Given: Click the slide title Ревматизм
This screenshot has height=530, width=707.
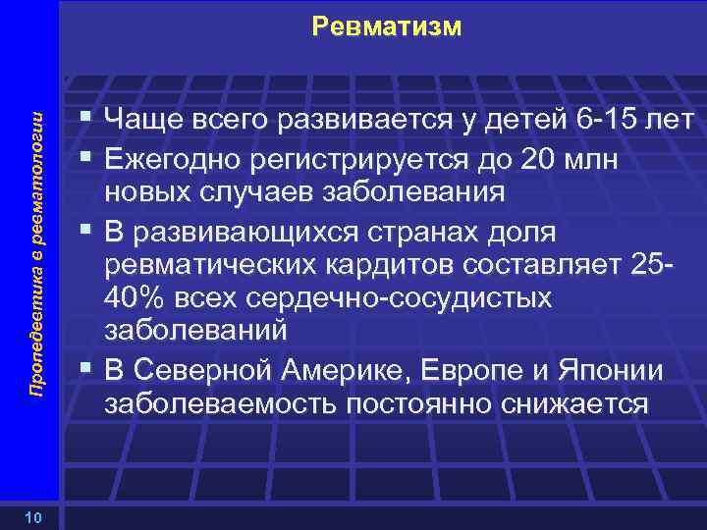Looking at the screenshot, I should click(385, 26).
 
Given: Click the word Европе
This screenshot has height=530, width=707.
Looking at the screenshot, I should click(466, 373).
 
